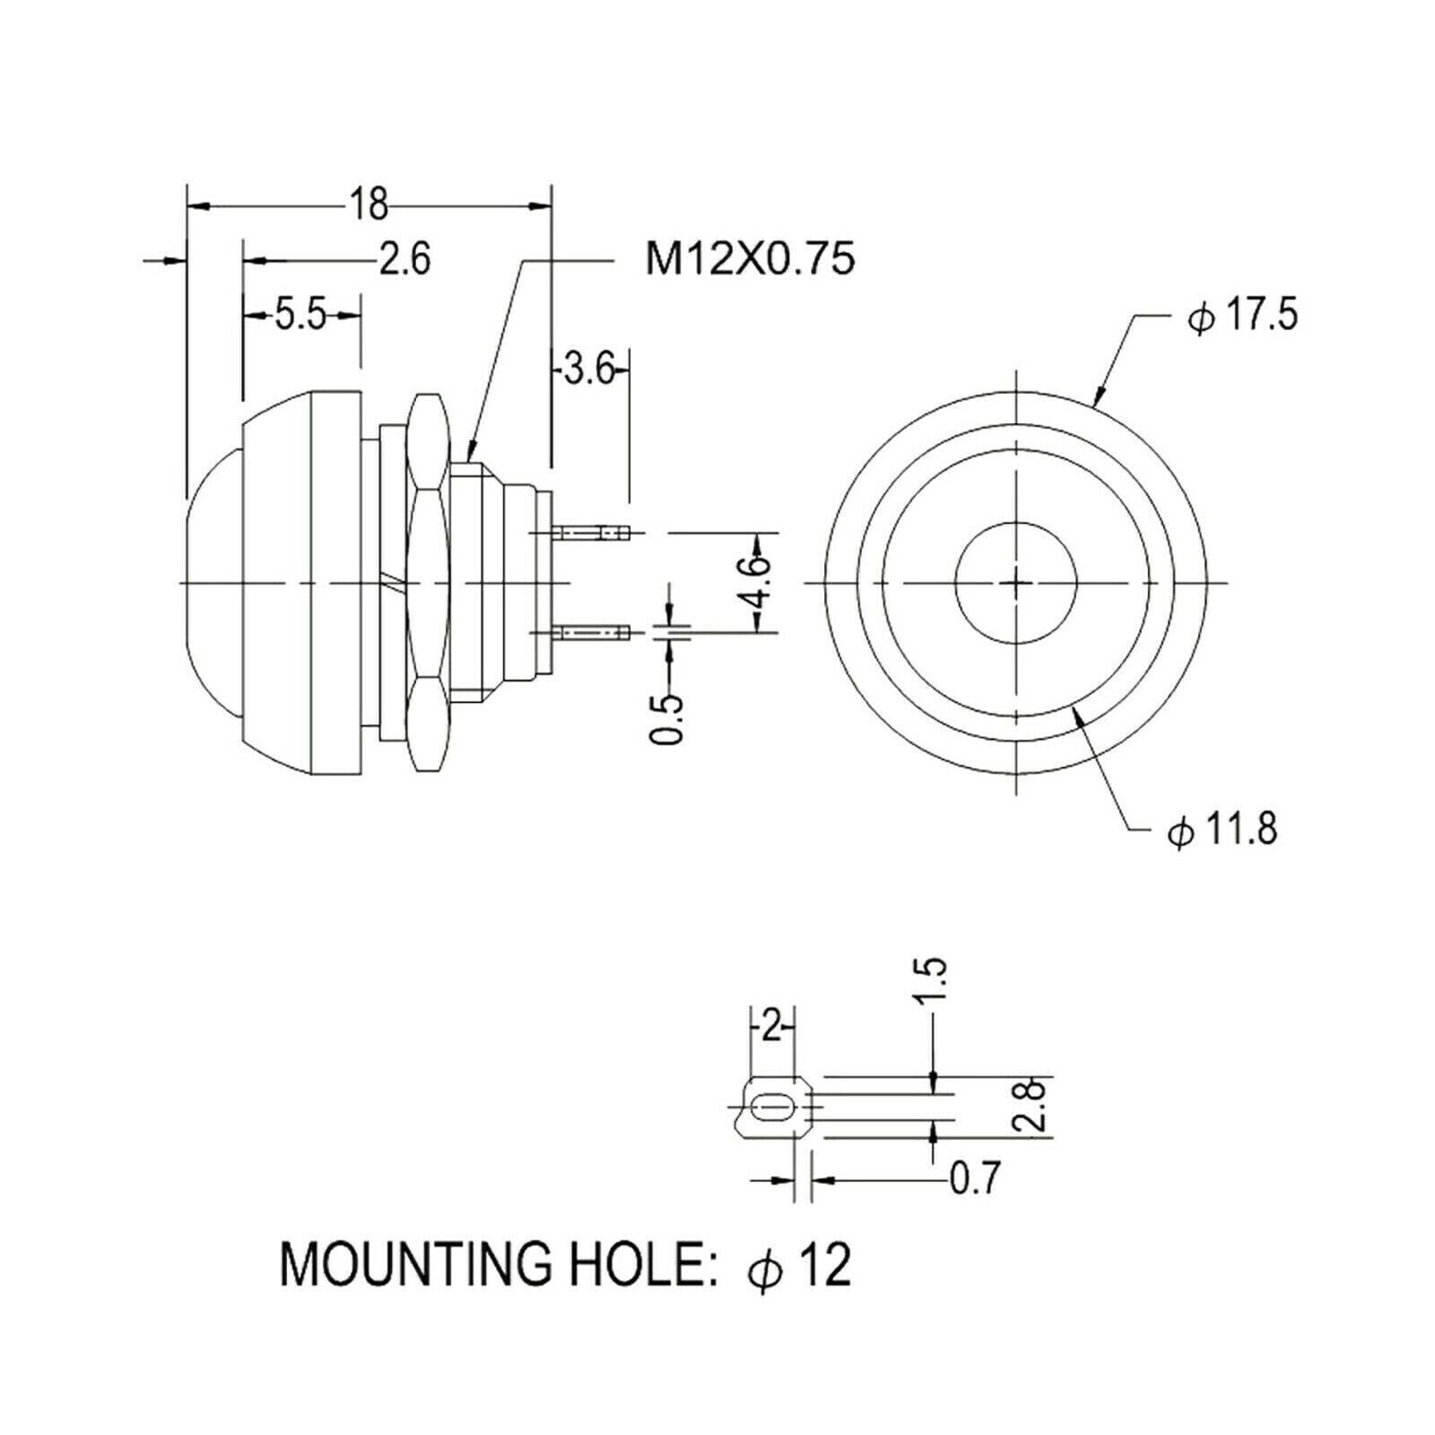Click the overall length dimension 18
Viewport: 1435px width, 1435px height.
point(369,205)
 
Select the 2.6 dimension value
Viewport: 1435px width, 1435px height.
point(404,259)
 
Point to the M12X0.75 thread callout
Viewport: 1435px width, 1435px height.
point(750,260)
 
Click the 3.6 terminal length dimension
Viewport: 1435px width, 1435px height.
point(588,369)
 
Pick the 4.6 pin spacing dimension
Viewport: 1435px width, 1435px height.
point(759,582)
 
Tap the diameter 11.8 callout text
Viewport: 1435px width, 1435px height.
point(1222,831)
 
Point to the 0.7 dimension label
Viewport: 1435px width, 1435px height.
point(973,1178)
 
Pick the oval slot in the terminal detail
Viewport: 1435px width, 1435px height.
point(771,1109)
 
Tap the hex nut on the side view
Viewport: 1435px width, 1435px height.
point(428,581)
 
